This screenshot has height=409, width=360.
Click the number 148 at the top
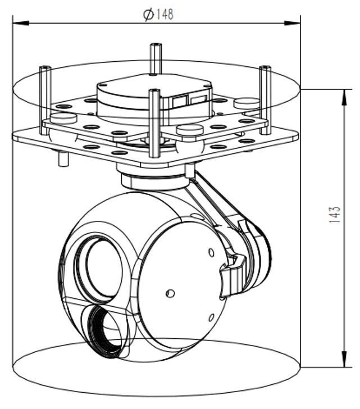pos(165,14)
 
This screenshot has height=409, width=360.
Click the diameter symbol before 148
pos(149,15)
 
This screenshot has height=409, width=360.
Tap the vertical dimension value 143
pos(335,215)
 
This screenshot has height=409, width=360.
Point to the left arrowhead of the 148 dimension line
pos(21,23)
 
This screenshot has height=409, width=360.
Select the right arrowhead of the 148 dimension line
pos(292,23)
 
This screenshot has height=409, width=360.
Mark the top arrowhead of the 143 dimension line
pos(344,97)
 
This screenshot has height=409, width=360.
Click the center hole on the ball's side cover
pos(170,293)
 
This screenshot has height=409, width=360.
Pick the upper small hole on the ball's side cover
pos(211,252)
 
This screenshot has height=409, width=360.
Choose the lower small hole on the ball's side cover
pos(211,317)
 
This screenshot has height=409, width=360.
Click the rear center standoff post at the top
pos(156,58)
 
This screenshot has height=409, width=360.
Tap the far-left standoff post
pos(45,101)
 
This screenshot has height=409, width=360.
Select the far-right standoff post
pos(265,100)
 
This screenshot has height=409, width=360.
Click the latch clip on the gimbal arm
pos(233,276)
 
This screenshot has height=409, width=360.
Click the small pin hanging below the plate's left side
pos(63,158)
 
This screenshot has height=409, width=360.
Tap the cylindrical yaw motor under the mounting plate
pos(154,179)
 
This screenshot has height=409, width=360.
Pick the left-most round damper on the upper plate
pos(63,118)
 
